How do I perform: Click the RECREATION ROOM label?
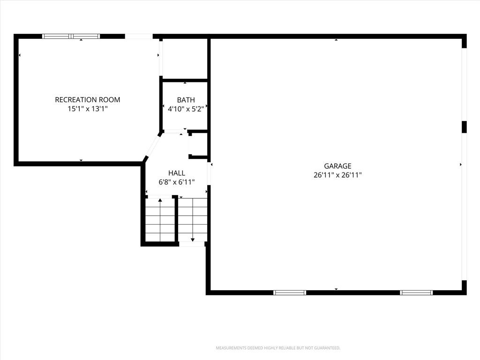point(88,99)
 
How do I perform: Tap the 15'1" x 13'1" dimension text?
point(88,109)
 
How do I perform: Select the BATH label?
point(186,100)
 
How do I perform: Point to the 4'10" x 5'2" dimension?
point(186,109)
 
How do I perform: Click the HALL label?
point(177,173)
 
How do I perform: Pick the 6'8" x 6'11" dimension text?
point(177,182)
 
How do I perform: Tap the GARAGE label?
point(337,166)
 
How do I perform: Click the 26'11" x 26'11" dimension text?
point(337,175)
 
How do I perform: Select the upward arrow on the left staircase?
point(160,220)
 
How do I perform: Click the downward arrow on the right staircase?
point(193,220)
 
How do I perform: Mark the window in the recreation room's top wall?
point(71,36)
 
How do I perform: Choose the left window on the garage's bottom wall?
point(290,292)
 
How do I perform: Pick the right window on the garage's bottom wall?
point(416,292)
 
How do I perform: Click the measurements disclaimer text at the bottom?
point(278,348)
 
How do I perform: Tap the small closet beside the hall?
point(199,144)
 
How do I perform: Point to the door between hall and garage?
point(210,173)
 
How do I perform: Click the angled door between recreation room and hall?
point(152,146)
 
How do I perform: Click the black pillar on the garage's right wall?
point(464,127)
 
